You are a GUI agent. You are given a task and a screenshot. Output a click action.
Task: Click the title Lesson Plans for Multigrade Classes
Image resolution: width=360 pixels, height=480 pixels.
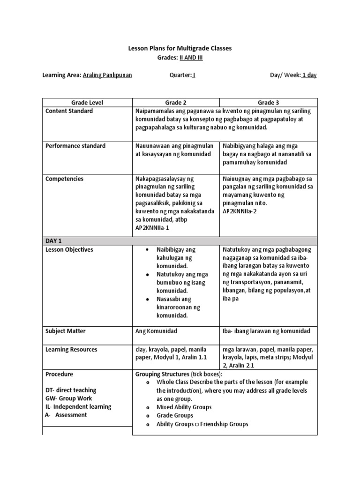pyautogui.click(x=180, y=48)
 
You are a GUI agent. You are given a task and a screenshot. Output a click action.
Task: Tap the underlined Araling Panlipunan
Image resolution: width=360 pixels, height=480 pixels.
pyautogui.click(x=107, y=75)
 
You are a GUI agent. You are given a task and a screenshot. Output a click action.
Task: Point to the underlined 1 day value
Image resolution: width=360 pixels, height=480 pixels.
pyautogui.click(x=309, y=75)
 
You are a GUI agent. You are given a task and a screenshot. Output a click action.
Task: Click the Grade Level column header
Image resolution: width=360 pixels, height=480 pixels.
pyautogui.click(x=87, y=102)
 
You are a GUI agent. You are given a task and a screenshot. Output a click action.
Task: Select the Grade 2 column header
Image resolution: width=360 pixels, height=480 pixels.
pyautogui.click(x=176, y=102)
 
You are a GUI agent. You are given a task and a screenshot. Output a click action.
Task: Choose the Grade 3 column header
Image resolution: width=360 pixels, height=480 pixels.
pyautogui.click(x=268, y=102)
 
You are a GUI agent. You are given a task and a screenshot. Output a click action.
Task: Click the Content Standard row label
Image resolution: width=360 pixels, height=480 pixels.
pyautogui.click(x=69, y=111)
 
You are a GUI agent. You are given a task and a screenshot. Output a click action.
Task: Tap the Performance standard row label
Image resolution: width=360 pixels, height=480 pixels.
pyautogui.click(x=75, y=146)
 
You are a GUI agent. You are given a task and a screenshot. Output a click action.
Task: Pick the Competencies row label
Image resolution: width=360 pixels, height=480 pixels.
pyautogui.click(x=65, y=179)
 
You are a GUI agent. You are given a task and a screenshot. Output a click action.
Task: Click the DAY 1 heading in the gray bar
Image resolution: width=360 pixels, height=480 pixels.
pyautogui.click(x=54, y=240)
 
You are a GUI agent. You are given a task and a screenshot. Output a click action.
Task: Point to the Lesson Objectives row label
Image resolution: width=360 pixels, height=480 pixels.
pyautogui.click(x=69, y=250)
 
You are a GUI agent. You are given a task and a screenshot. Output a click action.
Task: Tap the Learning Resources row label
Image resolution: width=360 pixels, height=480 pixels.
pyautogui.click(x=71, y=349)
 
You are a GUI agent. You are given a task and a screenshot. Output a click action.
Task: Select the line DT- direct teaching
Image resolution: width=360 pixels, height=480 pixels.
pyautogui.click(x=71, y=390)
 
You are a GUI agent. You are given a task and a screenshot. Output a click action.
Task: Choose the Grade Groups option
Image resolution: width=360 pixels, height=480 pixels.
pyautogui.click(x=174, y=415)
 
